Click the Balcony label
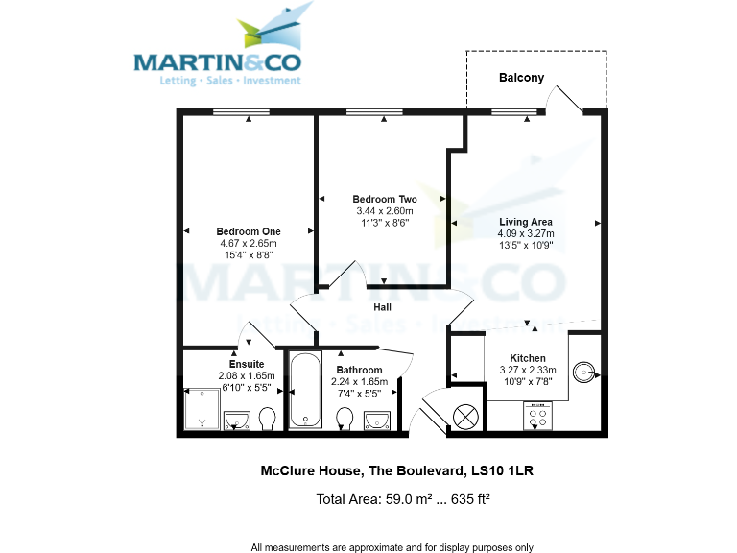coord(521,78)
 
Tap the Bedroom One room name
coord(249,231)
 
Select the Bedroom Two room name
coord(384,200)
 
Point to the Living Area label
coord(526,222)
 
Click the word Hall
coord(382,307)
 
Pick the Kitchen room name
coord(528,358)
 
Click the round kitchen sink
coord(584,371)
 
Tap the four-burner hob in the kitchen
coord(537,415)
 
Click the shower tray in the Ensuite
coord(202,410)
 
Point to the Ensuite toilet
coord(268,418)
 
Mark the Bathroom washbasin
coord(376,419)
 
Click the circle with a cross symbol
coord(465,417)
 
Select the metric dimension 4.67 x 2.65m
coord(249,244)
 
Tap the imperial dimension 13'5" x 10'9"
coord(526,245)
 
